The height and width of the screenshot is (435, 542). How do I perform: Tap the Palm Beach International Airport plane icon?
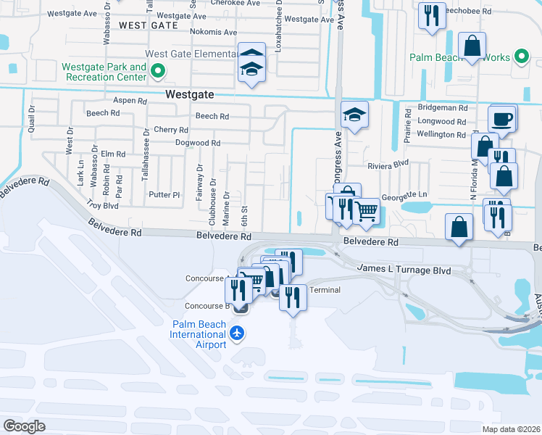tap(236, 333)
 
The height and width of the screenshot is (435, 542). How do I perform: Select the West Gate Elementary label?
tap(191, 54)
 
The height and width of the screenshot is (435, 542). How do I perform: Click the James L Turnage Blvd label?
tap(404, 270)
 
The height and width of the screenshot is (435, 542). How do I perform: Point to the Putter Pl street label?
tap(164, 194)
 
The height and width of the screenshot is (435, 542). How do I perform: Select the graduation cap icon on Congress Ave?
tap(354, 115)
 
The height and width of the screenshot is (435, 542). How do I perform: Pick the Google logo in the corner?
tap(24, 426)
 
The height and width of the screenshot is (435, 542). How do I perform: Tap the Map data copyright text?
tap(510, 428)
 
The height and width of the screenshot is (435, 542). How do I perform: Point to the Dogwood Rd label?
tap(197, 143)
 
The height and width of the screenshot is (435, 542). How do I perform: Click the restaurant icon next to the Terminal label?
tap(292, 297)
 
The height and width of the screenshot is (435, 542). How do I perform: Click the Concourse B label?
tap(207, 306)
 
